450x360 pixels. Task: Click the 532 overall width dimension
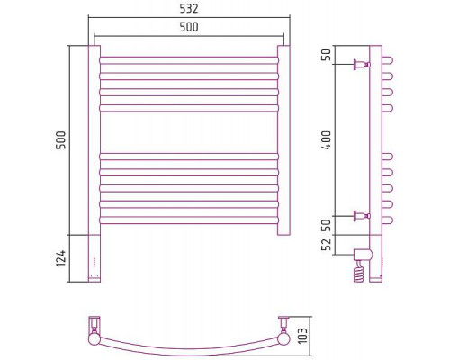click(189, 9)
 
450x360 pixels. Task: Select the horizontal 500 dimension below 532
click(189, 27)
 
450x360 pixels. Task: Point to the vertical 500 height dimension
click(60, 140)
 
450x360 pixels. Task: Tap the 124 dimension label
click(60, 258)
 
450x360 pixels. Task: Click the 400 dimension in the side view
click(327, 140)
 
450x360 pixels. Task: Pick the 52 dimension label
click(327, 244)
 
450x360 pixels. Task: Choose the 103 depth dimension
click(303, 336)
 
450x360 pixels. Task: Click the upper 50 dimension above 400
click(327, 55)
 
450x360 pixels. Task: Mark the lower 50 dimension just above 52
click(327, 225)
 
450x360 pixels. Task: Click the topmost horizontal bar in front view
click(189, 60)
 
